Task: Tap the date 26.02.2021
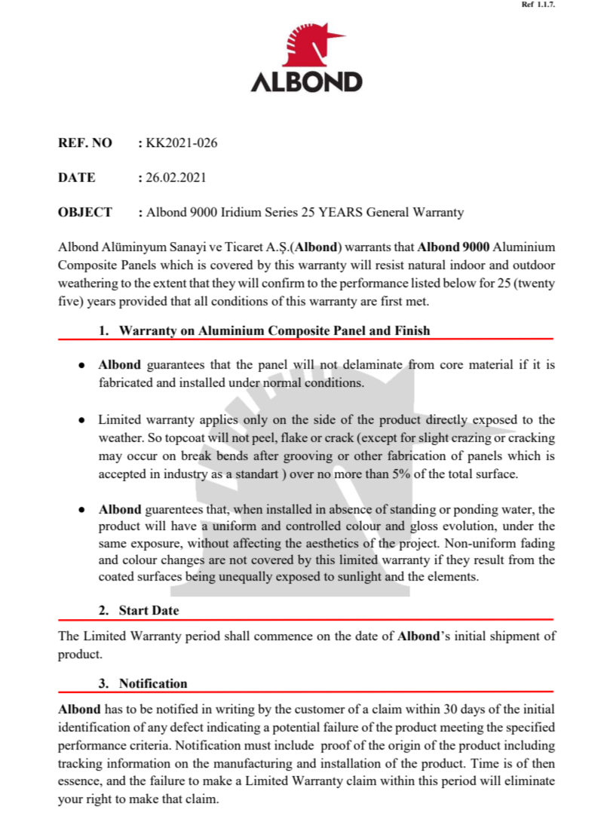tap(176, 178)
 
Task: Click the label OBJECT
tap(85, 213)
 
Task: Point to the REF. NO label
tap(85, 143)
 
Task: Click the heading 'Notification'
tap(153, 684)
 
